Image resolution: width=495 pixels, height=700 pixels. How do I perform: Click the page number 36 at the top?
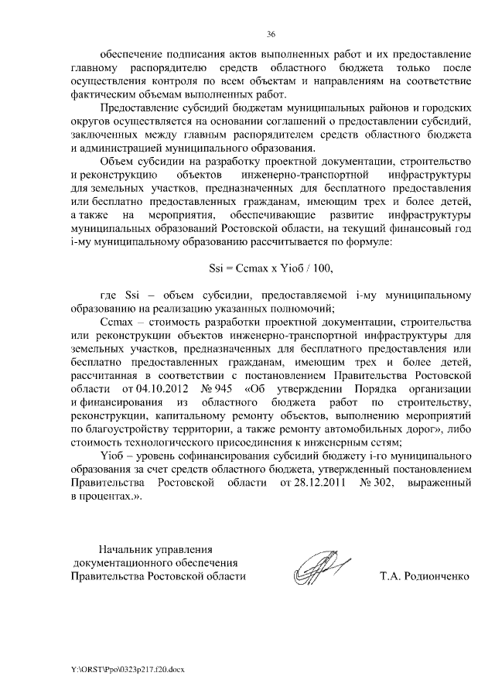271,34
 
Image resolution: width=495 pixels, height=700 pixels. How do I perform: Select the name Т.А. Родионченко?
425,577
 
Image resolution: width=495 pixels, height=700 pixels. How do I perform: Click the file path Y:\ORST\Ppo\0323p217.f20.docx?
123,666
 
